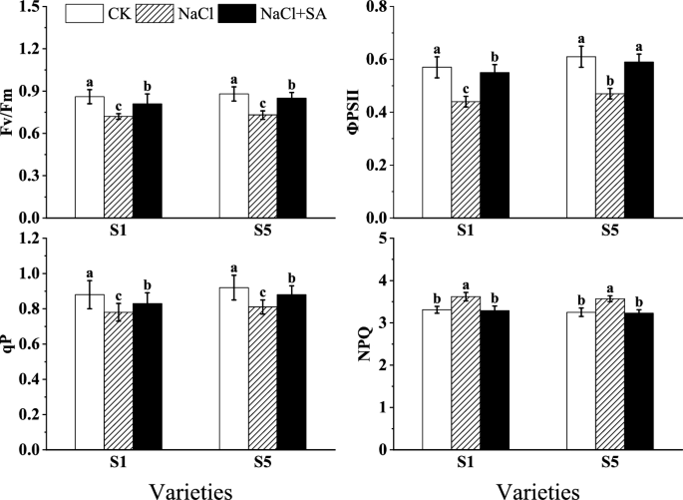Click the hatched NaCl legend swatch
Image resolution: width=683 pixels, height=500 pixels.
tap(148, 15)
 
